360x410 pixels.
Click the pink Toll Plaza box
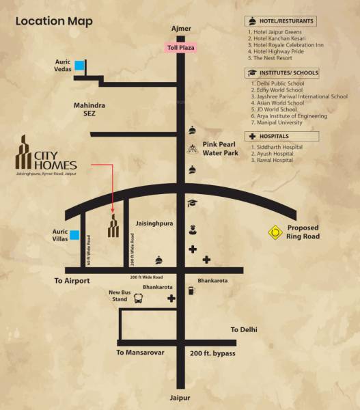click(x=181, y=47)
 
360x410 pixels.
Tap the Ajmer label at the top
click(x=181, y=29)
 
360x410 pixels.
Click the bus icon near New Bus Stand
click(x=139, y=298)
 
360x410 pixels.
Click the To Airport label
click(x=72, y=281)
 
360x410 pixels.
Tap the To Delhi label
click(x=244, y=329)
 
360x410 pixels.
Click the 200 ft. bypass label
click(x=212, y=353)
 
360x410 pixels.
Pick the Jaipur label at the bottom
click(x=181, y=398)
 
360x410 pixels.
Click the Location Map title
click(x=54, y=20)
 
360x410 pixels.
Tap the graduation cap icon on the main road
click(x=193, y=203)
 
